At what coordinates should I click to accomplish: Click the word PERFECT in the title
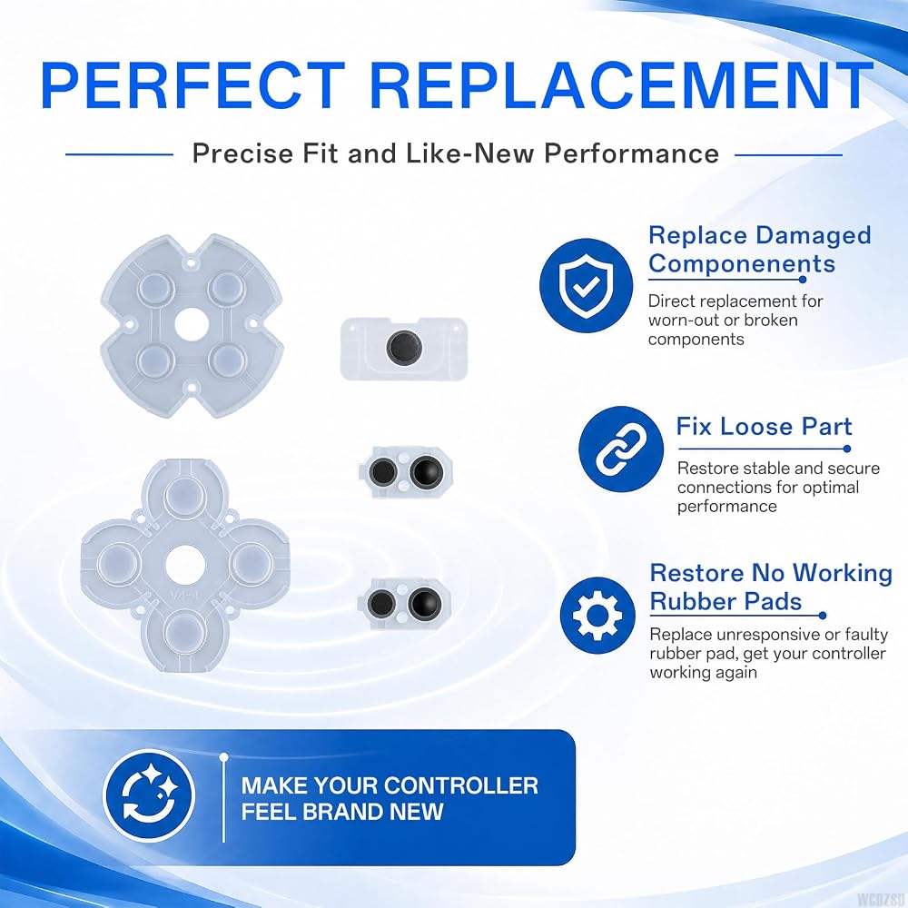click(192, 85)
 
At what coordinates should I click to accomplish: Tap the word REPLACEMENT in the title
click(621, 85)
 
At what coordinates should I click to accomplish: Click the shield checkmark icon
click(586, 285)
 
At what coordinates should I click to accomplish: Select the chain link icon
click(621, 449)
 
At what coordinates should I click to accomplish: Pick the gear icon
click(597, 616)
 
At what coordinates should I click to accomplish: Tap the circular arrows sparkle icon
click(150, 795)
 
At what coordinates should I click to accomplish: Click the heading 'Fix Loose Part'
click(764, 427)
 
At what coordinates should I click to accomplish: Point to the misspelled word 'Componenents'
click(742, 264)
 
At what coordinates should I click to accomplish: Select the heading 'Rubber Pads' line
click(725, 601)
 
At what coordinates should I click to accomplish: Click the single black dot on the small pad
click(404, 348)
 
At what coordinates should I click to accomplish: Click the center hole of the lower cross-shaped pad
click(184, 566)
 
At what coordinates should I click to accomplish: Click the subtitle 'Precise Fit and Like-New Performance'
click(455, 153)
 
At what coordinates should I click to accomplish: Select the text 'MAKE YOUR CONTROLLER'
click(390, 785)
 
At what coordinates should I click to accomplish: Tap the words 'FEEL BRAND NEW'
click(342, 812)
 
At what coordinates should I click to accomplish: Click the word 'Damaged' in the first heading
click(813, 236)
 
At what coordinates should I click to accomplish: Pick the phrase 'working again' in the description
click(703, 672)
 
